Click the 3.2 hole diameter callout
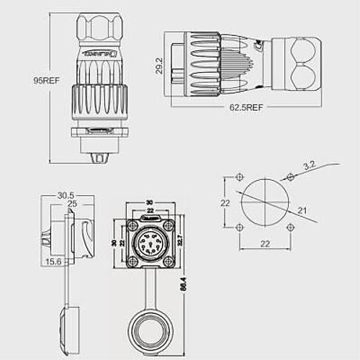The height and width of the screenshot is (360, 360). point(310,166)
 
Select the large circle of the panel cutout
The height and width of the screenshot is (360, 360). point(264,202)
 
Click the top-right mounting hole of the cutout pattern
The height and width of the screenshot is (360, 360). point(289,177)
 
